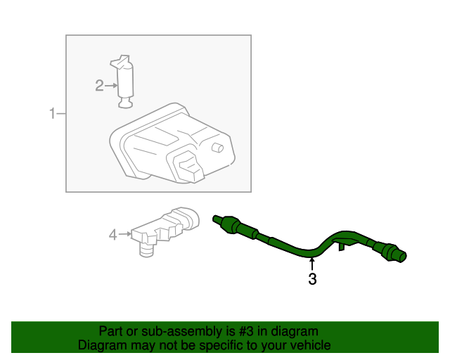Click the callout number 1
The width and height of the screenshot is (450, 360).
tap(51, 113)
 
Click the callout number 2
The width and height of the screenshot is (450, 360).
tap(99, 86)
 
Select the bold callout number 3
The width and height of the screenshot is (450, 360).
tap(312, 280)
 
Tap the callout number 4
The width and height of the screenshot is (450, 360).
tap(112, 235)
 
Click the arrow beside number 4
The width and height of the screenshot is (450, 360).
tap(124, 234)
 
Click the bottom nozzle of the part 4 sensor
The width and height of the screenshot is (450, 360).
tap(146, 250)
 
